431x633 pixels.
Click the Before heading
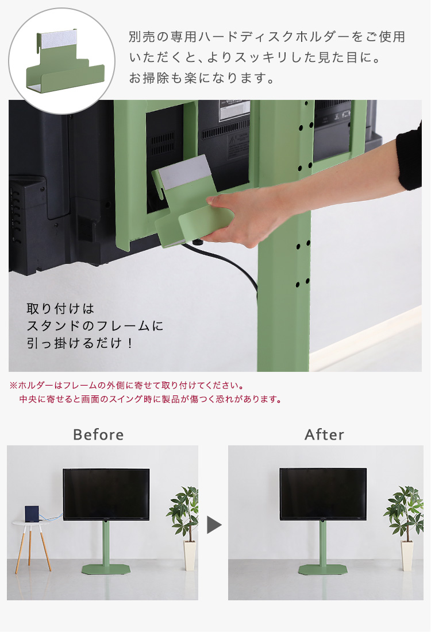point(98,435)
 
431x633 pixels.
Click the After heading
point(324,435)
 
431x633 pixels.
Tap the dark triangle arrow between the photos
point(214,525)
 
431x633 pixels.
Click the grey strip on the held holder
point(184,172)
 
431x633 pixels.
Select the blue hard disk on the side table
point(32,513)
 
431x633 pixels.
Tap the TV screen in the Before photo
point(106,494)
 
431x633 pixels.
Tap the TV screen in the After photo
point(323,494)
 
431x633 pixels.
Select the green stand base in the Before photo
point(106,569)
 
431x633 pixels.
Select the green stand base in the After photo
point(323,569)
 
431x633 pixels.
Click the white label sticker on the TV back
point(234,110)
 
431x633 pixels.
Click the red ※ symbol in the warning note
point(13,386)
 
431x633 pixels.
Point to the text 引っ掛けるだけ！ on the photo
point(80,343)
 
